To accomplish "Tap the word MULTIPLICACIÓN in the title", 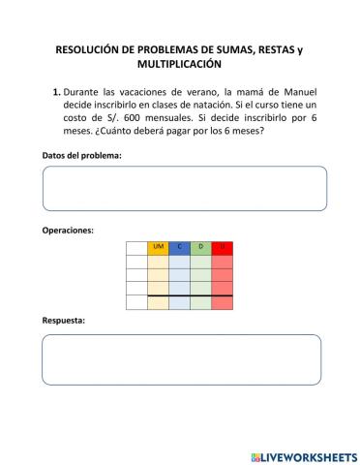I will (180, 64).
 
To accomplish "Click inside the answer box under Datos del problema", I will (184, 188).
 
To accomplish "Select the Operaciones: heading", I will (68, 232).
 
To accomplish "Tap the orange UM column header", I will (158, 247).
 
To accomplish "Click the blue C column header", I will (179, 247).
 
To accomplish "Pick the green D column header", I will (200, 247).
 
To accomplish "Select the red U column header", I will (223, 247).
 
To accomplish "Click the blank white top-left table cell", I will (136, 247).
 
